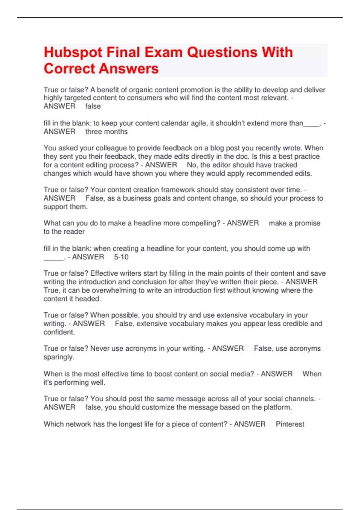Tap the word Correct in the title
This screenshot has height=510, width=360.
(x=69, y=69)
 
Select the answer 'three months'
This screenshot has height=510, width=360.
(x=106, y=132)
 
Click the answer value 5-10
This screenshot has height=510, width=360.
(x=121, y=257)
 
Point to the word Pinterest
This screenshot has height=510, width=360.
(x=290, y=424)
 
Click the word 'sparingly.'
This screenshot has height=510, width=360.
(x=59, y=357)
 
